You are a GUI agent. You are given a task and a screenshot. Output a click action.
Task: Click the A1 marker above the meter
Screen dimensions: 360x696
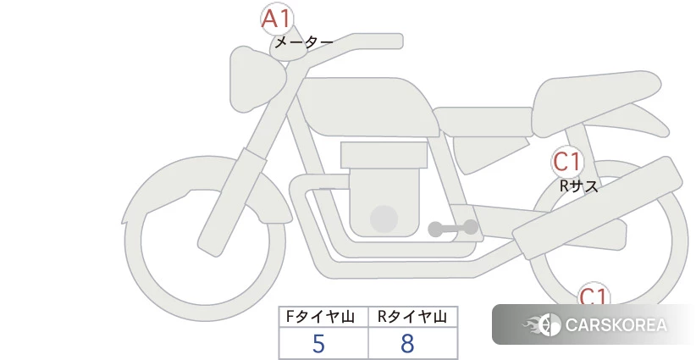(276, 19)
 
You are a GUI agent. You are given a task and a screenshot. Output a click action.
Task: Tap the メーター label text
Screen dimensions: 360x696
(303, 42)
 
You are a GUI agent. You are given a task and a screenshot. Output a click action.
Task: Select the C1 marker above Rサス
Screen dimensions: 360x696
(568, 161)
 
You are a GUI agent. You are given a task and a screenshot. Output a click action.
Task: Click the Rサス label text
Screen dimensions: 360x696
(578, 186)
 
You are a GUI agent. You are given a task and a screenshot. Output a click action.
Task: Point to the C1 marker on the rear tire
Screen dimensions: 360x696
(594, 296)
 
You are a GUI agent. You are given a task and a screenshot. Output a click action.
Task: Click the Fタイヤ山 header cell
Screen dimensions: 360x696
(323, 317)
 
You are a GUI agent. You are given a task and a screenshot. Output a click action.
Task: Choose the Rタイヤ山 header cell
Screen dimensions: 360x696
(412, 317)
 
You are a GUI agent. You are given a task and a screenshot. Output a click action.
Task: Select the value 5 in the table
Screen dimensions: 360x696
(318, 343)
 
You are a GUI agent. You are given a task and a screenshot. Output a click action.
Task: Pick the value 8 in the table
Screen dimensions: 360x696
(408, 343)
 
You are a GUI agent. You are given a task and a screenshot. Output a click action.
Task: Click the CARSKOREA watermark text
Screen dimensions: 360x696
(616, 325)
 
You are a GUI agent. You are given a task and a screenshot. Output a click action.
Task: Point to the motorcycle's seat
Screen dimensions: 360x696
(593, 106)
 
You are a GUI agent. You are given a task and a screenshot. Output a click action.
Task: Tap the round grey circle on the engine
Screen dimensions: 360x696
(384, 219)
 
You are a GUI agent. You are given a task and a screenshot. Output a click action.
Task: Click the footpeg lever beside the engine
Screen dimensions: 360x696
(453, 228)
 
